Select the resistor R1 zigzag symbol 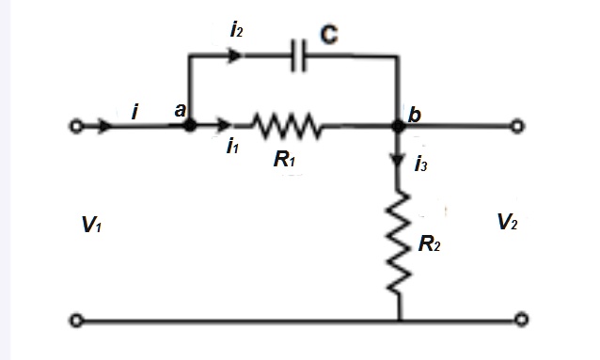(286, 124)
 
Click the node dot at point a (189, 124)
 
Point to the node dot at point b (399, 124)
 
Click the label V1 (91, 226)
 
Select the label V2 (508, 222)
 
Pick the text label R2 (430, 246)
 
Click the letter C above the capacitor (328, 35)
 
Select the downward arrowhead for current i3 (399, 161)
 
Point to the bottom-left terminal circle (76, 321)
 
